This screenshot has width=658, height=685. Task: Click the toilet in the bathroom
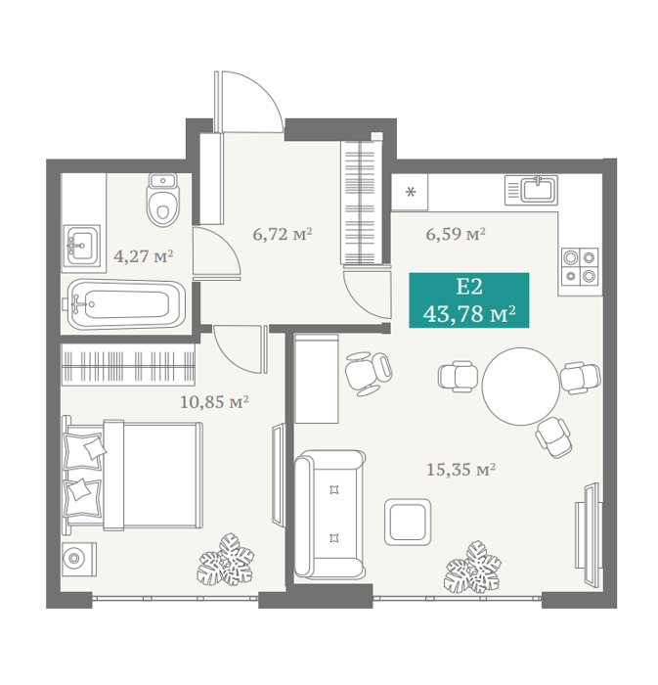pos(163,200)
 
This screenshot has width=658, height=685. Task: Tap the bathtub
pos(124,304)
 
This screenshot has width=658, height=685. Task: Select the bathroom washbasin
pos(81,245)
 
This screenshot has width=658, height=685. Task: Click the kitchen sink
pos(531,190)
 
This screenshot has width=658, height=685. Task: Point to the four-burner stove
pos(580,266)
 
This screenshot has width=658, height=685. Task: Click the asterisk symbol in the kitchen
pos(411,192)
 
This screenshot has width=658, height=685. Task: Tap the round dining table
pos(521,387)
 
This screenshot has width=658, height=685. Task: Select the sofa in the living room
pos(329,515)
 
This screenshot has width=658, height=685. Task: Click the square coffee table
pos(408,522)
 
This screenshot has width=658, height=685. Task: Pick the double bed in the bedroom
pos(133,476)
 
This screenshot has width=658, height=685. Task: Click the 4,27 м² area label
pos(143,256)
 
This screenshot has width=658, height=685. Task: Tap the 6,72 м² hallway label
pos(283,234)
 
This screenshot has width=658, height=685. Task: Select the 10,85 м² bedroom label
pos(214,401)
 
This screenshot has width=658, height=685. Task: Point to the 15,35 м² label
pos(461,470)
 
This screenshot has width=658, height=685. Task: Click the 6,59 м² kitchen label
pos(456,234)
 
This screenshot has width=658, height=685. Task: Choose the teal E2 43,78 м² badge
pos(469,300)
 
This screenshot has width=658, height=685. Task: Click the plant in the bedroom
pos(226,559)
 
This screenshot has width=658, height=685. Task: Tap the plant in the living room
pos(472,567)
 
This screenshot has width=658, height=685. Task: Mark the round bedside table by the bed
pos(79,559)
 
